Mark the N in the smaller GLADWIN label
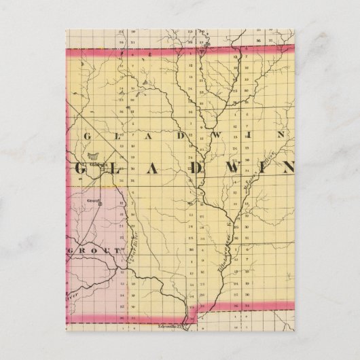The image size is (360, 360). click(287, 134)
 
